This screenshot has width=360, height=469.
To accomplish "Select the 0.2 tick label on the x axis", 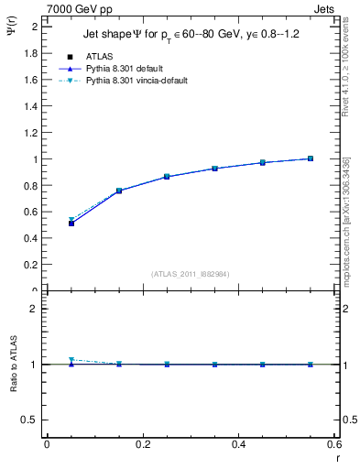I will click(x=142, y=444).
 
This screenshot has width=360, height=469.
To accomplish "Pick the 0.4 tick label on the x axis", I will click(x=238, y=444).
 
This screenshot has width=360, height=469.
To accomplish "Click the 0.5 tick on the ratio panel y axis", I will click(x=30, y=420).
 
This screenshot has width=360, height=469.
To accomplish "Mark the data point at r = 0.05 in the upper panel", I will click(x=71, y=224).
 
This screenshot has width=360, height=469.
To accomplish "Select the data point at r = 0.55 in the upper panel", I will click(x=311, y=158).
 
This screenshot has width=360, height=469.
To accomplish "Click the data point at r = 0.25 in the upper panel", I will click(x=167, y=177).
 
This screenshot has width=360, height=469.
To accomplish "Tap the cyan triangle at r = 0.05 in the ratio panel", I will click(x=71, y=360).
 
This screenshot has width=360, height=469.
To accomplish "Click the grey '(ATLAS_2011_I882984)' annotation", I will click(x=191, y=273).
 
